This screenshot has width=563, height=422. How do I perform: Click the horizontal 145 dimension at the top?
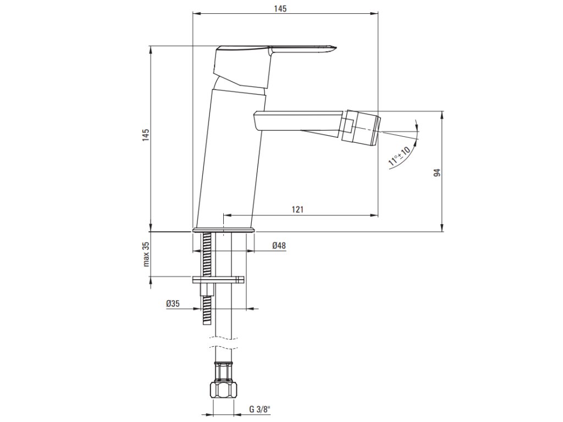pos(280,9)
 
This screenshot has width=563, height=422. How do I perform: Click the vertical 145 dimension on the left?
pos(146,135)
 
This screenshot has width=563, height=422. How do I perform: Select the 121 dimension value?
pos(297,209)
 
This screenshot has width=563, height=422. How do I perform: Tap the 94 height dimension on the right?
pos(437,173)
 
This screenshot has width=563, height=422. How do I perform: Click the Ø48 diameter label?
pos(279,246)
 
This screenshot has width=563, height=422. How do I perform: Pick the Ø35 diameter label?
pos(173,303)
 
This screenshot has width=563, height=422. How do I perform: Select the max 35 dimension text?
pos(146,254)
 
